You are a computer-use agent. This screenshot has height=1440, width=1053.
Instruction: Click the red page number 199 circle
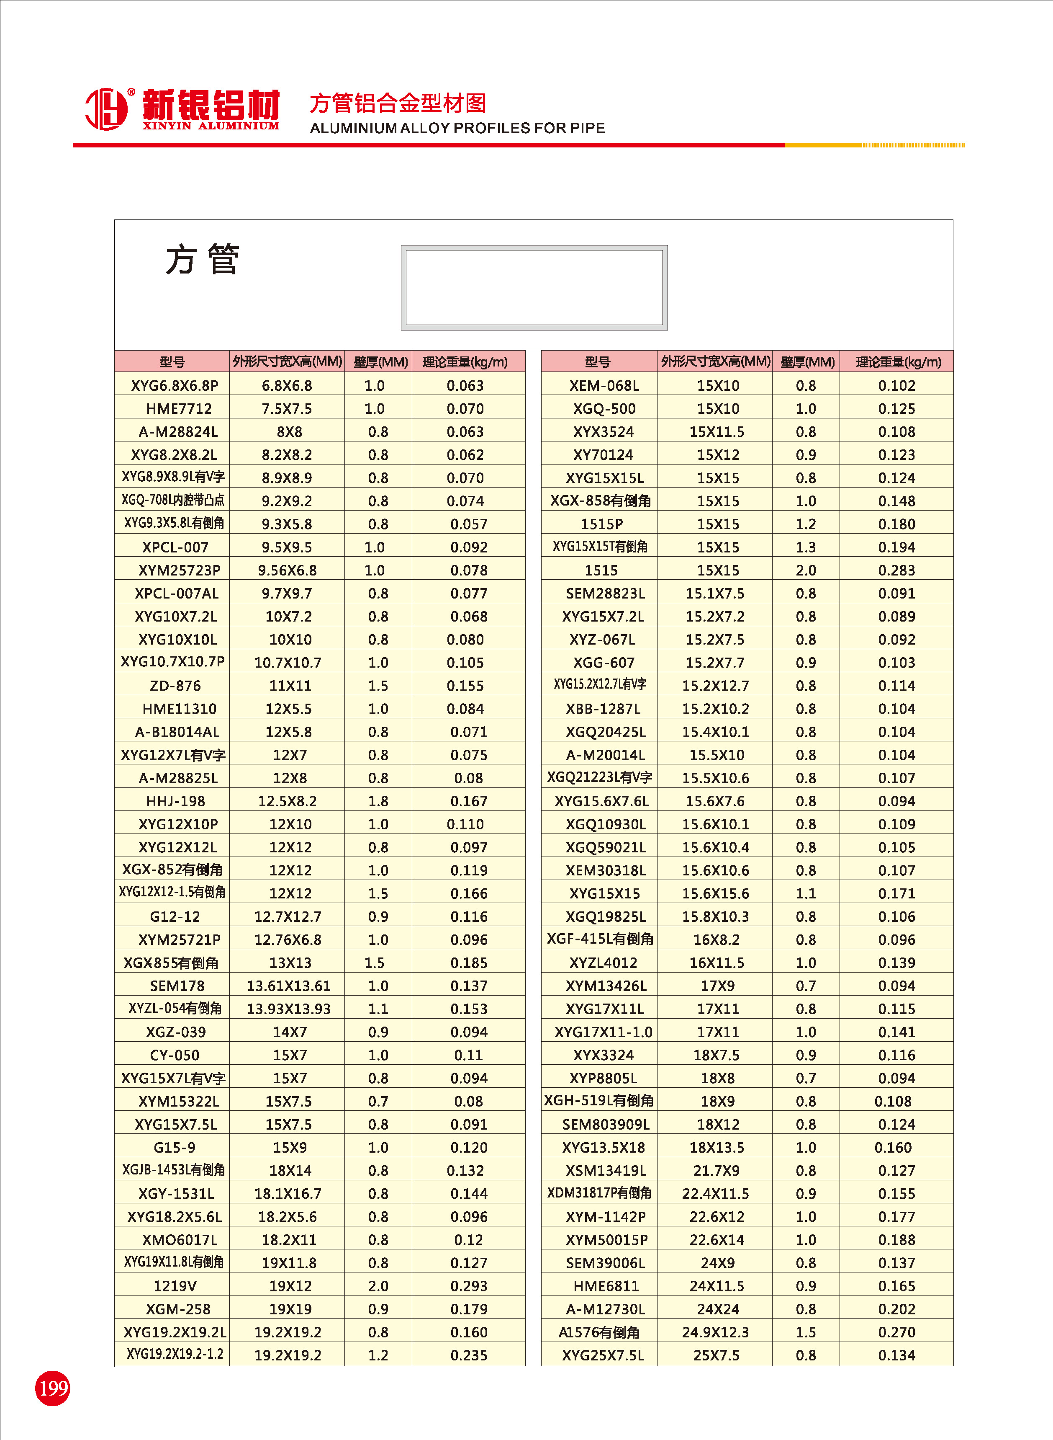point(52,1388)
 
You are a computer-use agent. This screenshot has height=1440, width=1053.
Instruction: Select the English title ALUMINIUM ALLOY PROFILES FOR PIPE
point(457,128)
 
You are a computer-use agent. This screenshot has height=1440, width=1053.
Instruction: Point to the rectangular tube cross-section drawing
point(534,288)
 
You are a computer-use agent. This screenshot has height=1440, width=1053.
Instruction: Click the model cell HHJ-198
point(175,801)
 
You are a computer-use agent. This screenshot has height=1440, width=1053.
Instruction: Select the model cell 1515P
point(602,524)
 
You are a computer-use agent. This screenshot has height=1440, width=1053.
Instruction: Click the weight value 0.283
point(896,570)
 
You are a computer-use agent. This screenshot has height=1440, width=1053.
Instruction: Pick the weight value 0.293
point(468,1286)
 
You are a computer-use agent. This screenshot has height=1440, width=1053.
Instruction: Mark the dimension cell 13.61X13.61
point(289,986)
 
